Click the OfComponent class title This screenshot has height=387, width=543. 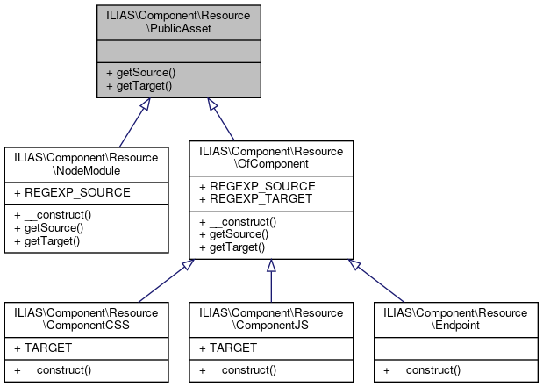[271, 157]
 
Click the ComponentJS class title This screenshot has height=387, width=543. [271, 319]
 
